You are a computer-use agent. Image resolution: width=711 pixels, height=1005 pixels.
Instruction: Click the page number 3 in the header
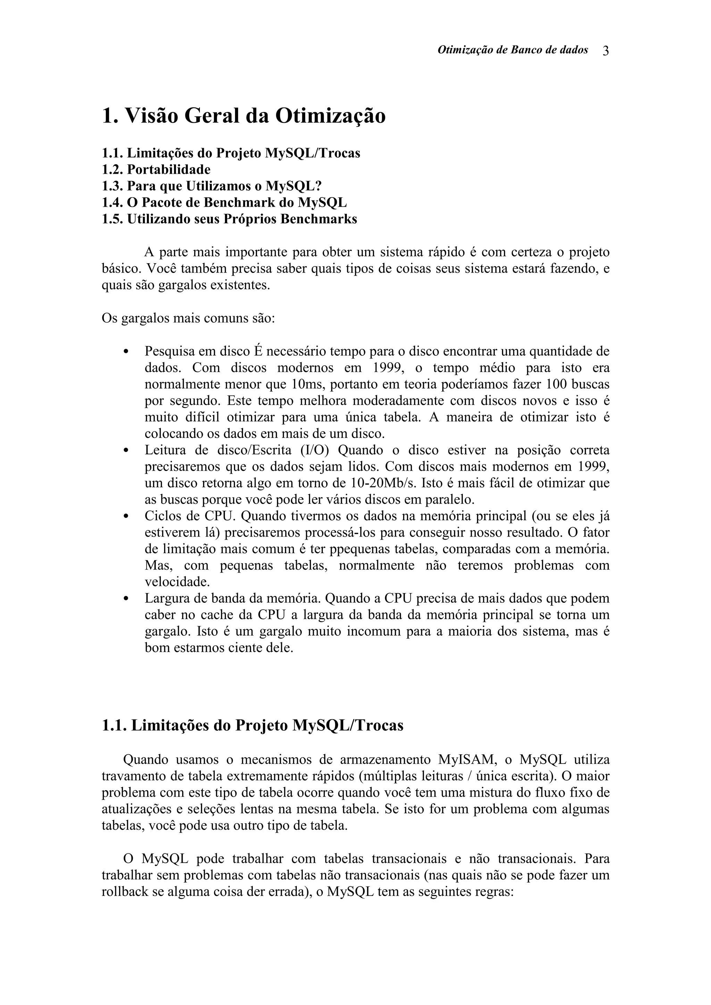tap(605, 51)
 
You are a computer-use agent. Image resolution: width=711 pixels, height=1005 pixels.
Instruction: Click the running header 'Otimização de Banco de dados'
tap(512, 50)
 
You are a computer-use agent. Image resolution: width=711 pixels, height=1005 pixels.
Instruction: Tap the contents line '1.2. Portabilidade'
tap(156, 169)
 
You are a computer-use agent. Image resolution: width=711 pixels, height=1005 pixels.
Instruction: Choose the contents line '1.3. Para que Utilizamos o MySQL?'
tap(211, 186)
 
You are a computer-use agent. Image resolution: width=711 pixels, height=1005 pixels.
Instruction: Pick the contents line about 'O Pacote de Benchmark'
tap(224, 203)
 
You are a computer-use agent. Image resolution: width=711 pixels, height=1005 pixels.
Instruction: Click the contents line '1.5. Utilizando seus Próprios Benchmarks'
tap(229, 219)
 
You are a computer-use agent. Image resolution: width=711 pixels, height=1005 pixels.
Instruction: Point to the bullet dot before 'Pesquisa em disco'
tap(126, 352)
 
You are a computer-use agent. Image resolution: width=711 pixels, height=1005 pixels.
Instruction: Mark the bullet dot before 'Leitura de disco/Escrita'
tap(126, 450)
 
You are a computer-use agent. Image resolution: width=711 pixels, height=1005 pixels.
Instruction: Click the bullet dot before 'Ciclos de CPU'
tap(126, 516)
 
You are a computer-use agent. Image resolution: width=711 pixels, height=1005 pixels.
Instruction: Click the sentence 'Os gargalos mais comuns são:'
tap(189, 318)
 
